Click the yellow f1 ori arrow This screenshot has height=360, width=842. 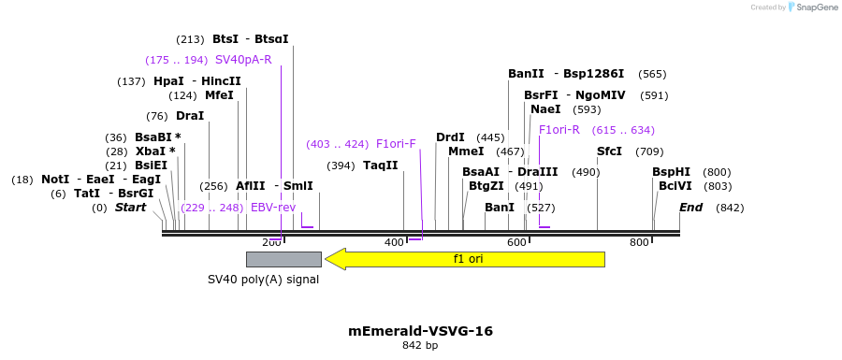coord(465,259)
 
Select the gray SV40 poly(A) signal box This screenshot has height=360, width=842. coord(283,259)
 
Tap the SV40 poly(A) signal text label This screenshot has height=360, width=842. coord(263,280)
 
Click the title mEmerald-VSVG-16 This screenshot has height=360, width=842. coord(420,331)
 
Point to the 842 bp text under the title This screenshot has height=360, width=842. coord(420,346)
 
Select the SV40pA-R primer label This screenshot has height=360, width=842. coord(243,60)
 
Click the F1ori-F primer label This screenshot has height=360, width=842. coord(396,144)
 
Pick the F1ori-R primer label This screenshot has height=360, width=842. coord(559,130)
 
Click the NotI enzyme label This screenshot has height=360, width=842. coord(55,180)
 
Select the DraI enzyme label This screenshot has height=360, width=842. coord(190,116)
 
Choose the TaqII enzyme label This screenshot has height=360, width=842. coord(381,166)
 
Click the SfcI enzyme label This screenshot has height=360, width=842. coord(609,151)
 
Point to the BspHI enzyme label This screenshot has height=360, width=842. coord(671,172)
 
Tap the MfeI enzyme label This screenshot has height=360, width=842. coord(219,95)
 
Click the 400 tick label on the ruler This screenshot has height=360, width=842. coord(394,243)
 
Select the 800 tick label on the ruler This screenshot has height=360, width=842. coord(639,243)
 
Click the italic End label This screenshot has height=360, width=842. coord(690,208)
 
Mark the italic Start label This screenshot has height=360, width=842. coord(130,208)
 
